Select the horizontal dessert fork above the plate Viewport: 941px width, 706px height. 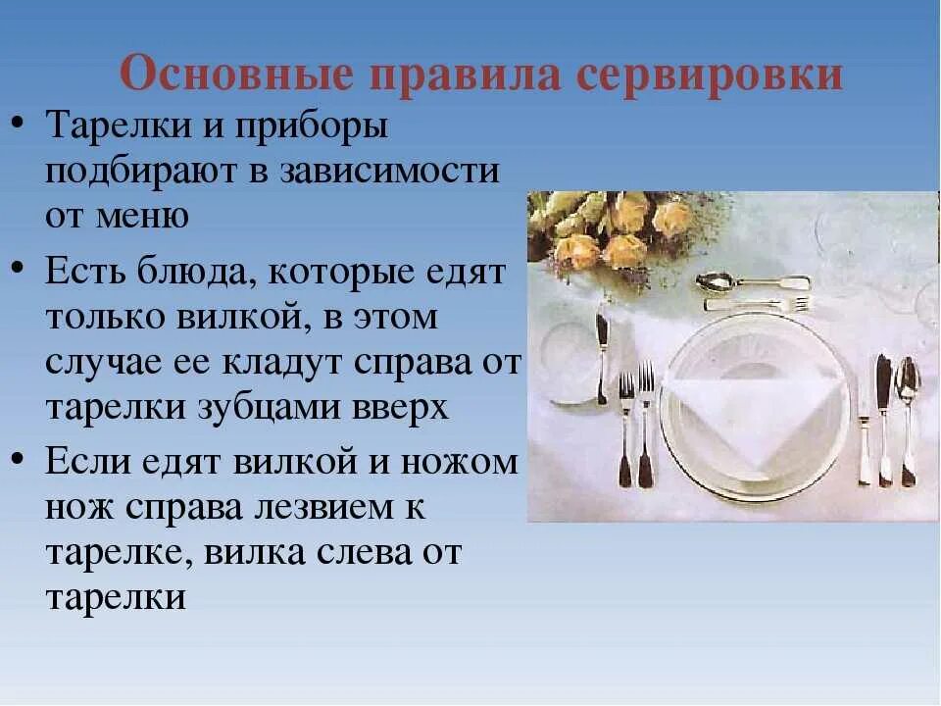tap(765, 304)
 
